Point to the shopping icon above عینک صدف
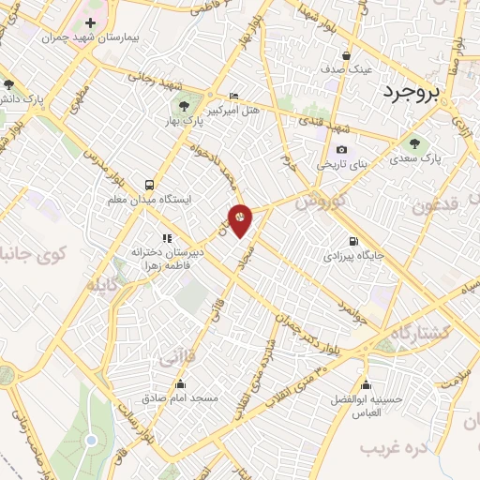[x=346, y=55]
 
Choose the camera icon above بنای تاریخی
[x=341, y=149]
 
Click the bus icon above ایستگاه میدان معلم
[x=150, y=185]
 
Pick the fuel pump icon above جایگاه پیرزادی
[x=352, y=240]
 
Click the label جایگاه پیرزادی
[x=352, y=255]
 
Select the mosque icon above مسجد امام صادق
[x=179, y=383]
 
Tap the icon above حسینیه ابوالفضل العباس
[x=366, y=384]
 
